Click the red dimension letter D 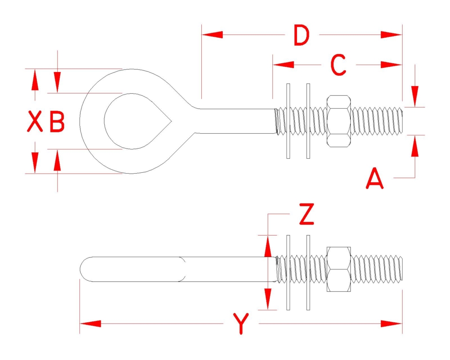pos(301,35)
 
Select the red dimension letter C pos(338,65)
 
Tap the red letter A pos(375,178)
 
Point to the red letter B pos(57,121)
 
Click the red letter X pos(35,121)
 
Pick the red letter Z pos(306,214)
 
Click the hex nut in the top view pos(339,121)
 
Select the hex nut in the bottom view pos(339,269)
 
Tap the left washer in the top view pos(288,121)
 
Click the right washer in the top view pos(308,121)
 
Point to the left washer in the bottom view pos(288,273)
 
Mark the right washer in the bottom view pos(308,273)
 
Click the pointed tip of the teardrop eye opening pos(172,121)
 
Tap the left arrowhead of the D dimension pos(212,35)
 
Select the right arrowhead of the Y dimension pos(392,324)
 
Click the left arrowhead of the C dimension pos(283,65)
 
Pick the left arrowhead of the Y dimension pos(91,324)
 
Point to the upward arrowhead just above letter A pos(415,146)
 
